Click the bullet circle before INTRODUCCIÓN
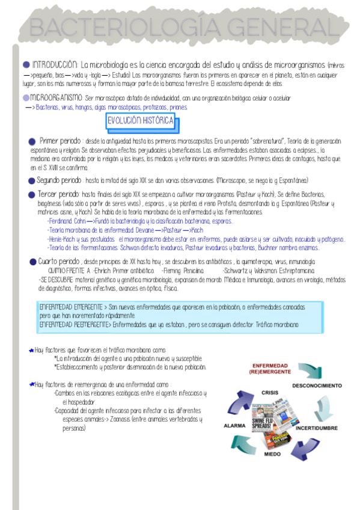[26, 64]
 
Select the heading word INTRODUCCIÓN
[55, 64]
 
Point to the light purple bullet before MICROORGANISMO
[25, 97]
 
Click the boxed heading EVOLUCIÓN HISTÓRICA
[141, 121]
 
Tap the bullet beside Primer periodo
[32, 141]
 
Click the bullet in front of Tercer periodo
[31, 195]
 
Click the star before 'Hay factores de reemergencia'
[31, 384]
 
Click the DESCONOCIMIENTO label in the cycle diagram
[317, 384]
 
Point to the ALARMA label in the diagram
[234, 425]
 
